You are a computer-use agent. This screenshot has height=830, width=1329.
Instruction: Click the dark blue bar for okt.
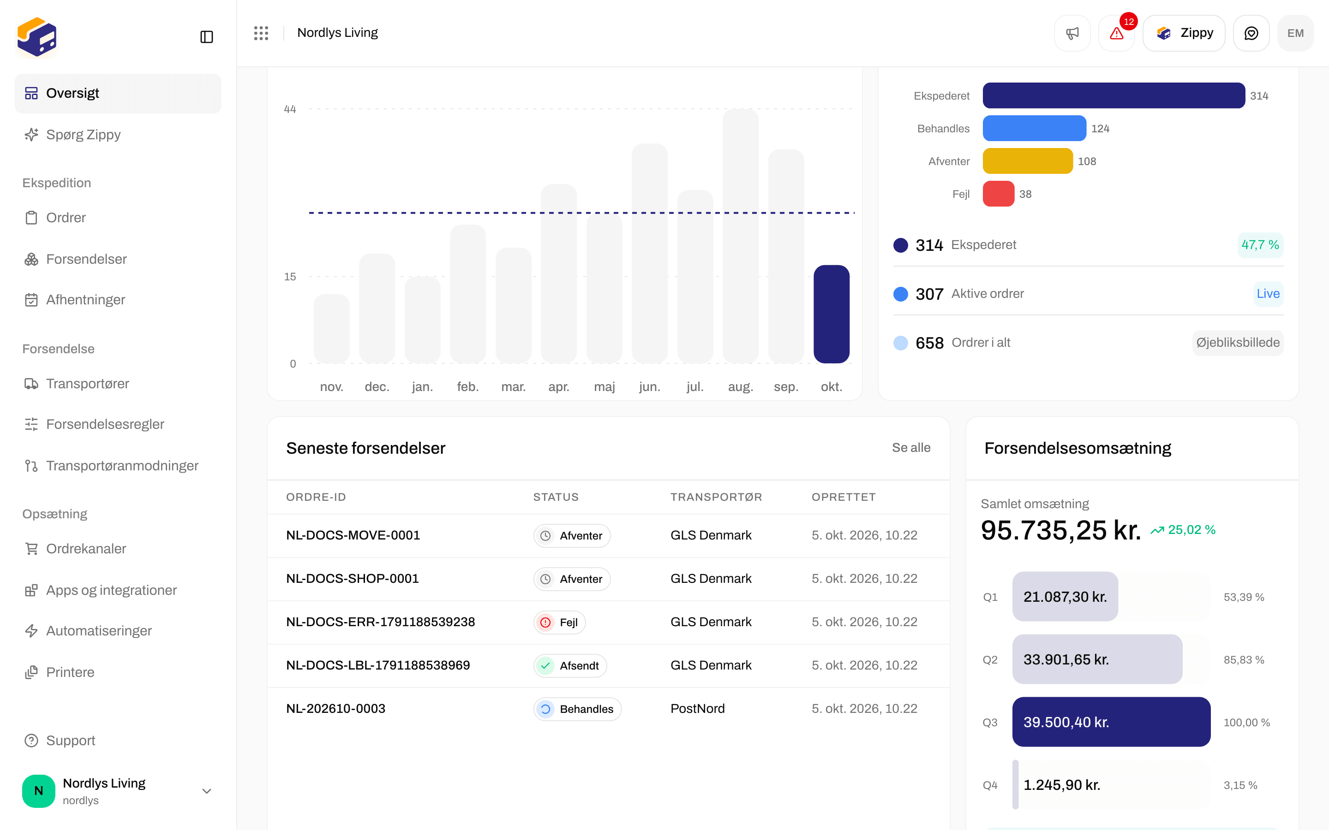831,314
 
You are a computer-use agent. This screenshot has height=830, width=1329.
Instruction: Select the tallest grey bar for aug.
740,236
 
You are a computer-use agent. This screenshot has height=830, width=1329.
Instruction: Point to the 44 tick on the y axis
290,109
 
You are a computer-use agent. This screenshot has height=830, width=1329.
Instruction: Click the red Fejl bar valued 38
998,194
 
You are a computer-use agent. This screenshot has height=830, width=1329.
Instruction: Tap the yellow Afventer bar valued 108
1027,161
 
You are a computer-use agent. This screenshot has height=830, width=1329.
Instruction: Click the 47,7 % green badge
1260,245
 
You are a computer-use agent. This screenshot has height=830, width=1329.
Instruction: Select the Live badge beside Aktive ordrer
1268,294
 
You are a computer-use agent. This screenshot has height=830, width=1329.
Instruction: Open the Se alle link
910,448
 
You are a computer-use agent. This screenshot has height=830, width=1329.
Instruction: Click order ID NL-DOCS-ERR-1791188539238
380,622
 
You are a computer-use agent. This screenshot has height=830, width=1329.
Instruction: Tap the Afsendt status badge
570,666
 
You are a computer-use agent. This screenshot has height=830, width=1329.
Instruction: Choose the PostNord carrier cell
697,709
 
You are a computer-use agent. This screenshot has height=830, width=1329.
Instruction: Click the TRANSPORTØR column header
716,498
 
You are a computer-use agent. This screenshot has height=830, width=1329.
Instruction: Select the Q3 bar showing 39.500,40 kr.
1111,722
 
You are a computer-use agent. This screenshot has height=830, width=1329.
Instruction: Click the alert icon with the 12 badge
1116,33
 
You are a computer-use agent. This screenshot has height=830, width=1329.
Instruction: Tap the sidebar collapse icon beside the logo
206,37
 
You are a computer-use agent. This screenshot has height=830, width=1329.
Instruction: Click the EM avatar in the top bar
1295,33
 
